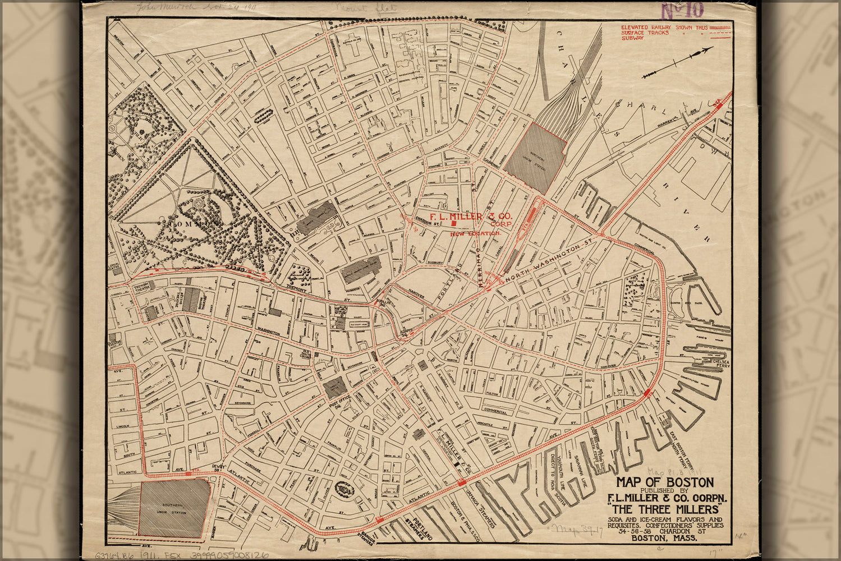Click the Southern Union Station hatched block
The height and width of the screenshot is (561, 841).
(174, 508)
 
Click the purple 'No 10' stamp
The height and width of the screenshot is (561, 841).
(681, 11)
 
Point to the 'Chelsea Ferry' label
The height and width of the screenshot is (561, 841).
(720, 364)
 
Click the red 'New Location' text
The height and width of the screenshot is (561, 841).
(475, 233)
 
